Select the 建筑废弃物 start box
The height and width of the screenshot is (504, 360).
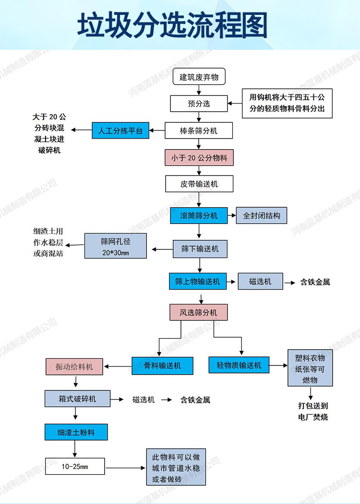pyautogui.click(x=199, y=77)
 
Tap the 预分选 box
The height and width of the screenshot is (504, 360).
pyautogui.click(x=199, y=104)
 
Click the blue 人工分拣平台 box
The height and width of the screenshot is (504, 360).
pyautogui.click(x=120, y=130)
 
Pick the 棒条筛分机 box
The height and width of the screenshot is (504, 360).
pyautogui.click(x=199, y=130)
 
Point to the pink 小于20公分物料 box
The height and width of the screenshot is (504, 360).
pyautogui.click(x=199, y=158)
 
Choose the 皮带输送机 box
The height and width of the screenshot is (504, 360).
pyautogui.click(x=199, y=184)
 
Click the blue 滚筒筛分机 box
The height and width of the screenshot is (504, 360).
pyautogui.click(x=199, y=215)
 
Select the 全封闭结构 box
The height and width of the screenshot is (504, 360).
pyautogui.click(x=261, y=215)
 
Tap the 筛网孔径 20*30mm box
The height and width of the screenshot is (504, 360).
pyautogui.click(x=116, y=246)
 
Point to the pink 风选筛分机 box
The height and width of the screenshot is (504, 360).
pyautogui.click(x=198, y=312)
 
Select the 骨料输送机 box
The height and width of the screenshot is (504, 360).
pyautogui.click(x=163, y=365)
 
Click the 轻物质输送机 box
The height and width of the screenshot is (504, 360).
pyautogui.click(x=239, y=365)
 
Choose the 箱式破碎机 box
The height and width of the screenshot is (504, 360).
pyautogui.click(x=77, y=399)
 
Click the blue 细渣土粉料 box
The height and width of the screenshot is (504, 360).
pyautogui.click(x=76, y=432)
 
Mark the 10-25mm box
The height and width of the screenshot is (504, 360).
pyautogui.click(x=75, y=466)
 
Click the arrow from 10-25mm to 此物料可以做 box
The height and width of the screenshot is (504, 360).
pyautogui.click(x=125, y=467)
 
